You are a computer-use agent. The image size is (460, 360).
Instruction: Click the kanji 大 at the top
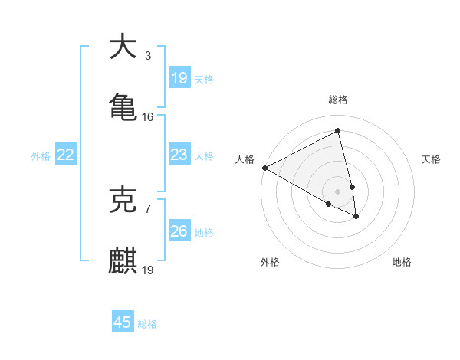pos(123,47)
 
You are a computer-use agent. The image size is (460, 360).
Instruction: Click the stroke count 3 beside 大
pos(147,56)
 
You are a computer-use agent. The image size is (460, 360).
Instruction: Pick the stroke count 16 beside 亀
pos(148,116)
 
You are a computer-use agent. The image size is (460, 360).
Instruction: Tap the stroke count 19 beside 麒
pos(148,270)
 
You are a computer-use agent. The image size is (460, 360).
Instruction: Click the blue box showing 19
pos(179,77)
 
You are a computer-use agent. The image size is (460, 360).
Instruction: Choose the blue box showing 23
pos(179,155)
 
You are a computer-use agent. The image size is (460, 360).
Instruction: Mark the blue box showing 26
pos(179,231)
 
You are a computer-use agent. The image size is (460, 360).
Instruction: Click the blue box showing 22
pos(66,155)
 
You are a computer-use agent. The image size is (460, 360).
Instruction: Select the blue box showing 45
pos(123,322)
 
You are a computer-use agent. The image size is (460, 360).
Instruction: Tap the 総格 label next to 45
pos(147,324)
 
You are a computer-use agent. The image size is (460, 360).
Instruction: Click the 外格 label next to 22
pos(41,156)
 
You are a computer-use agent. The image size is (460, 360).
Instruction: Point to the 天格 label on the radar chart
pos(431,159)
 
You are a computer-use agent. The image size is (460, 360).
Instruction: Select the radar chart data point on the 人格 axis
pos(264,168)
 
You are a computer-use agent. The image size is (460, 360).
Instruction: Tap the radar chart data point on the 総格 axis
pos(337,132)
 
